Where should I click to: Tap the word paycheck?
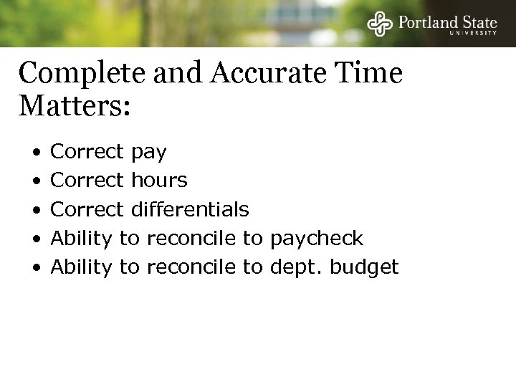(x=317, y=238)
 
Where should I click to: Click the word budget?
(x=362, y=267)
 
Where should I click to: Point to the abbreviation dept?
(x=295, y=267)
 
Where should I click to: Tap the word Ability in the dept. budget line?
(x=82, y=267)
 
